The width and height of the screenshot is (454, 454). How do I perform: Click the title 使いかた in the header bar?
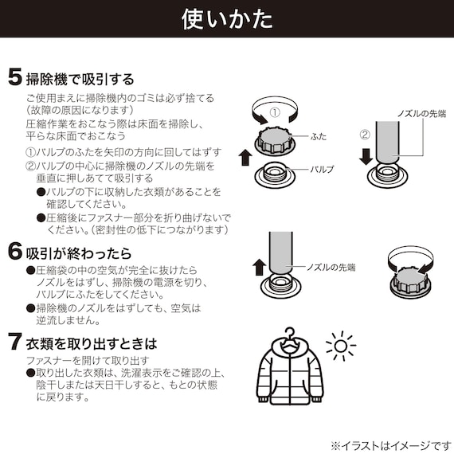pyautogui.click(x=227, y=18)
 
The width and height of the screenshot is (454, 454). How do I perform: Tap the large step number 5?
pyautogui.click(x=15, y=78)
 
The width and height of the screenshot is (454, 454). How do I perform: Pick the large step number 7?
pyautogui.click(x=15, y=343)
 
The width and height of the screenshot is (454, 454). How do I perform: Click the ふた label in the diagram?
pyautogui.click(x=319, y=137)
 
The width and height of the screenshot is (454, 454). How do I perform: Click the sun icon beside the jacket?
pyautogui.click(x=342, y=346)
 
